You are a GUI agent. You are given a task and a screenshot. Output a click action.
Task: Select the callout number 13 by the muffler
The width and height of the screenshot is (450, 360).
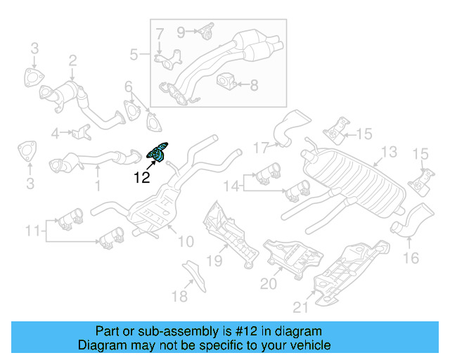coord(389,152)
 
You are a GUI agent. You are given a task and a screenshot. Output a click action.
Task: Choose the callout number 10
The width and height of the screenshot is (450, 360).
coord(186,241)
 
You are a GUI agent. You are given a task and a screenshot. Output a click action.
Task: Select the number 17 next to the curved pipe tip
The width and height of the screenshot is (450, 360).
coord(261,148)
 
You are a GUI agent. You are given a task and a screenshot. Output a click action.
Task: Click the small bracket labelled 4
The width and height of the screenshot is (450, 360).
coord(82,131)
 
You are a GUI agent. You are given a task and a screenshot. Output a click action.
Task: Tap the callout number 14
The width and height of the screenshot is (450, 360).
coord(231,186)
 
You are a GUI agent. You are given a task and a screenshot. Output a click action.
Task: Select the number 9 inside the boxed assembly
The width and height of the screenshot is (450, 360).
coord(181,31)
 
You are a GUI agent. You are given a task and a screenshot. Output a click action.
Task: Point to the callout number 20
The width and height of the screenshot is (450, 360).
coord(269,283)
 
